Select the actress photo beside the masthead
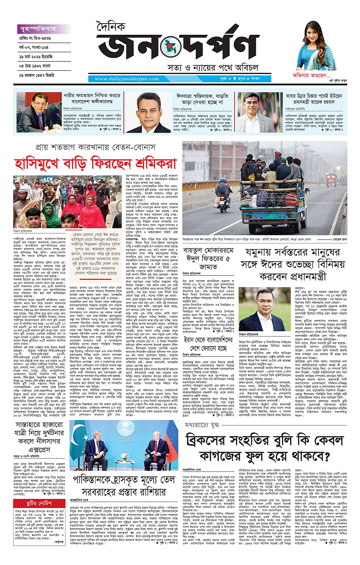click(x=316, y=46)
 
